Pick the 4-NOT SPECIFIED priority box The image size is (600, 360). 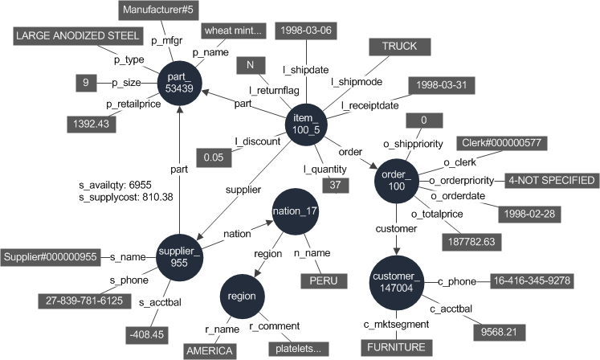pos(552,180)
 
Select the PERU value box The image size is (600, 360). pos(325,281)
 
